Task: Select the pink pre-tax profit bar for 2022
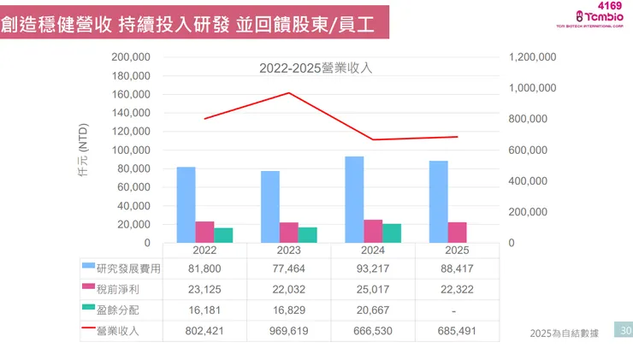pos(204,233)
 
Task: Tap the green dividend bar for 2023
pos(307,235)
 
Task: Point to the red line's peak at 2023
pos(289,93)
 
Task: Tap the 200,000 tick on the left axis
pos(132,56)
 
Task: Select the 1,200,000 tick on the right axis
pos(532,56)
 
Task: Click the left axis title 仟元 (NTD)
pos(83,149)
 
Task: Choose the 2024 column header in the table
pos(373,251)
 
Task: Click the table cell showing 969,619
pos(289,330)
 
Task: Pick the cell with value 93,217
pos(373,269)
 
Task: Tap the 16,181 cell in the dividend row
pos(204,310)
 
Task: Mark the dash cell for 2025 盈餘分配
pos(457,310)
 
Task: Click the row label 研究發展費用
pos(128,269)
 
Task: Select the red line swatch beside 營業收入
pos(89,330)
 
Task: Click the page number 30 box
pos(625,331)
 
